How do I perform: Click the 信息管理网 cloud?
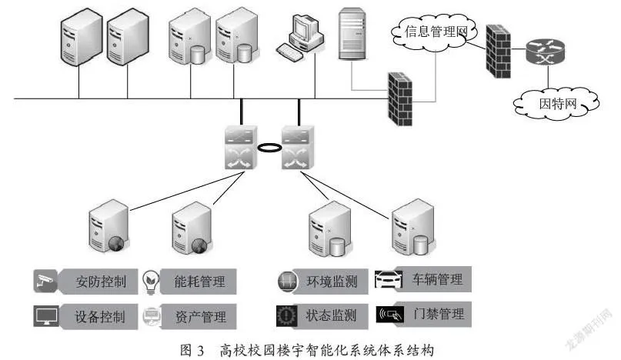pyautogui.click(x=435, y=32)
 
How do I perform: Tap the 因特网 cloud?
pyautogui.click(x=556, y=103)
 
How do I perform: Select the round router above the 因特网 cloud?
pyautogui.click(x=546, y=52)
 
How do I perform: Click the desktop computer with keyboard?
pyautogui.click(x=300, y=38)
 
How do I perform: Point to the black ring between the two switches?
pyautogui.click(x=269, y=148)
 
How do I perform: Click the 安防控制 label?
pyautogui.click(x=101, y=282)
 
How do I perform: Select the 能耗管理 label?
pyautogui.click(x=199, y=282)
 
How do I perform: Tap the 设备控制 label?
pyautogui.click(x=100, y=316)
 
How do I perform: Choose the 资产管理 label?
pyautogui.click(x=200, y=316)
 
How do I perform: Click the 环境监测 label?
pyautogui.click(x=332, y=282)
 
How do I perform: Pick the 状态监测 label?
pyautogui.click(x=331, y=315)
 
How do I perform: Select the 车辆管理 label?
pyautogui.click(x=437, y=279)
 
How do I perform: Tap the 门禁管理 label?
pyautogui.click(x=439, y=314)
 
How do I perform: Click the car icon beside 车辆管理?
pyautogui.click(x=389, y=280)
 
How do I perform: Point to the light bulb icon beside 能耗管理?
pyautogui.click(x=151, y=282)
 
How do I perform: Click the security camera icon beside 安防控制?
pyautogui.click(x=45, y=282)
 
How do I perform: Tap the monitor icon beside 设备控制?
pyautogui.click(x=46, y=315)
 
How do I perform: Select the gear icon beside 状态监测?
pyautogui.click(x=286, y=315)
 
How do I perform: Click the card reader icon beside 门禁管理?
pyautogui.click(x=390, y=315)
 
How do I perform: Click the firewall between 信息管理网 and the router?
pyautogui.click(x=498, y=52)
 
